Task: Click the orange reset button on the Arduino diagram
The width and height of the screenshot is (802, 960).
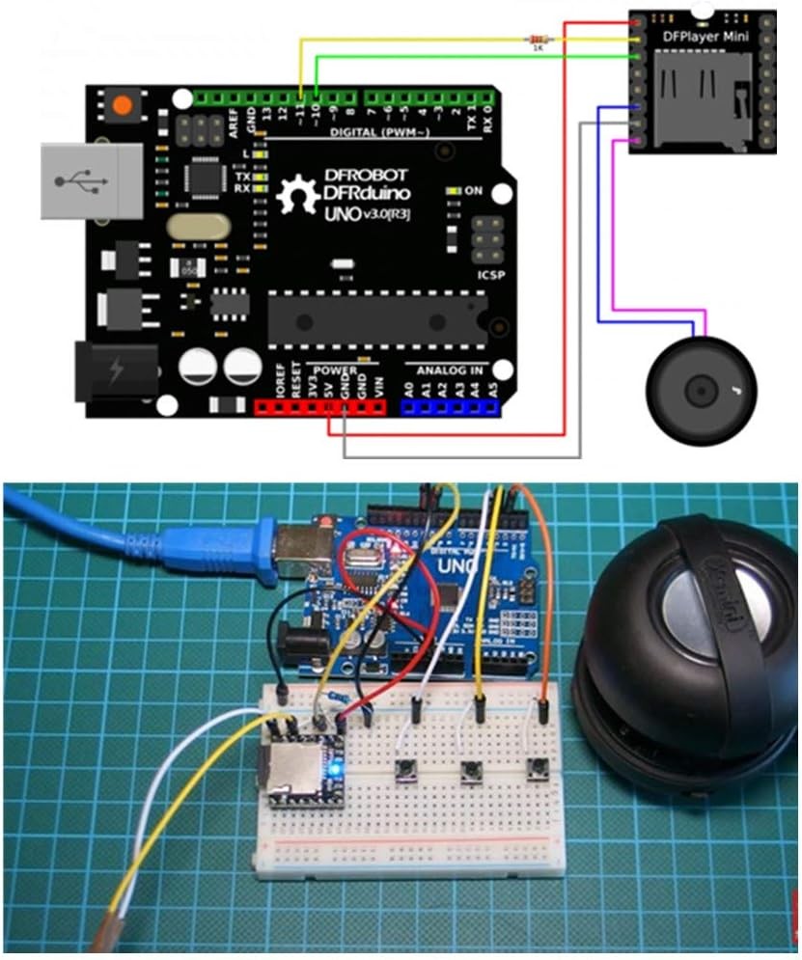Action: click(121, 106)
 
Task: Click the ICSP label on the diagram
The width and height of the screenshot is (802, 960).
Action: click(489, 273)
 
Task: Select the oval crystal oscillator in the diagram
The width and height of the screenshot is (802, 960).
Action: click(199, 228)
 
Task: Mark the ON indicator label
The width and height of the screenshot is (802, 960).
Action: click(473, 191)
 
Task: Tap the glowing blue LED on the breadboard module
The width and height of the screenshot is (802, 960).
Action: click(334, 770)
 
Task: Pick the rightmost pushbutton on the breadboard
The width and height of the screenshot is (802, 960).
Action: click(536, 768)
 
